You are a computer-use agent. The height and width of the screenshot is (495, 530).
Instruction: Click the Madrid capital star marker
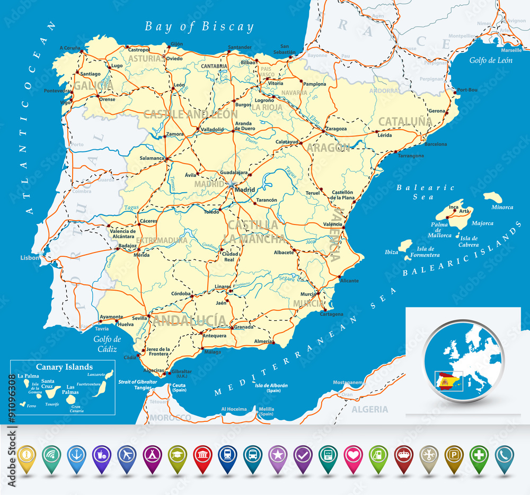231,184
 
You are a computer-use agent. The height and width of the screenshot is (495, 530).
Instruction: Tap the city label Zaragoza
336,129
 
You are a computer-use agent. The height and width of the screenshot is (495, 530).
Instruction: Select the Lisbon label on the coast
30,257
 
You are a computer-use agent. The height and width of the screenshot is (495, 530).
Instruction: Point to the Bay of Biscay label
199,26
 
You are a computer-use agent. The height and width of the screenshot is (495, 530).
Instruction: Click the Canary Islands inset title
64,366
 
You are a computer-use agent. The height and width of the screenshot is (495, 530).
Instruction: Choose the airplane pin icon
127,455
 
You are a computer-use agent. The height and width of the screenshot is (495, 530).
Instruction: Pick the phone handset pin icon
505,455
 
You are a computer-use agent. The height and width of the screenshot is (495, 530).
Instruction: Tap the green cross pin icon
479,455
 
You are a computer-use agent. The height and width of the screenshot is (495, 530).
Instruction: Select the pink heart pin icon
353,455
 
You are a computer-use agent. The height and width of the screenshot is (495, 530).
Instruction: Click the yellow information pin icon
26,455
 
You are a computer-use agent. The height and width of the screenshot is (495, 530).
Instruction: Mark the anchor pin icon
76,455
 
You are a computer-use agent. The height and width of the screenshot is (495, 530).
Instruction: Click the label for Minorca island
502,207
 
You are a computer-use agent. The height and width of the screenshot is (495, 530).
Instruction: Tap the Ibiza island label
391,253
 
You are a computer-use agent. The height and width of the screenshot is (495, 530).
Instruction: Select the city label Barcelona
436,144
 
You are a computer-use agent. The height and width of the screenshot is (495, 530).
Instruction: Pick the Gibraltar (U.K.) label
182,374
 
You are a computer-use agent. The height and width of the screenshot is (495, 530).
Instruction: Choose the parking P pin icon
454,455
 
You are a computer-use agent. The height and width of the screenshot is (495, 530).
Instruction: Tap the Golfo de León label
491,60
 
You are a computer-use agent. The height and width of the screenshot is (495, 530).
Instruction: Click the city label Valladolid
212,129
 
